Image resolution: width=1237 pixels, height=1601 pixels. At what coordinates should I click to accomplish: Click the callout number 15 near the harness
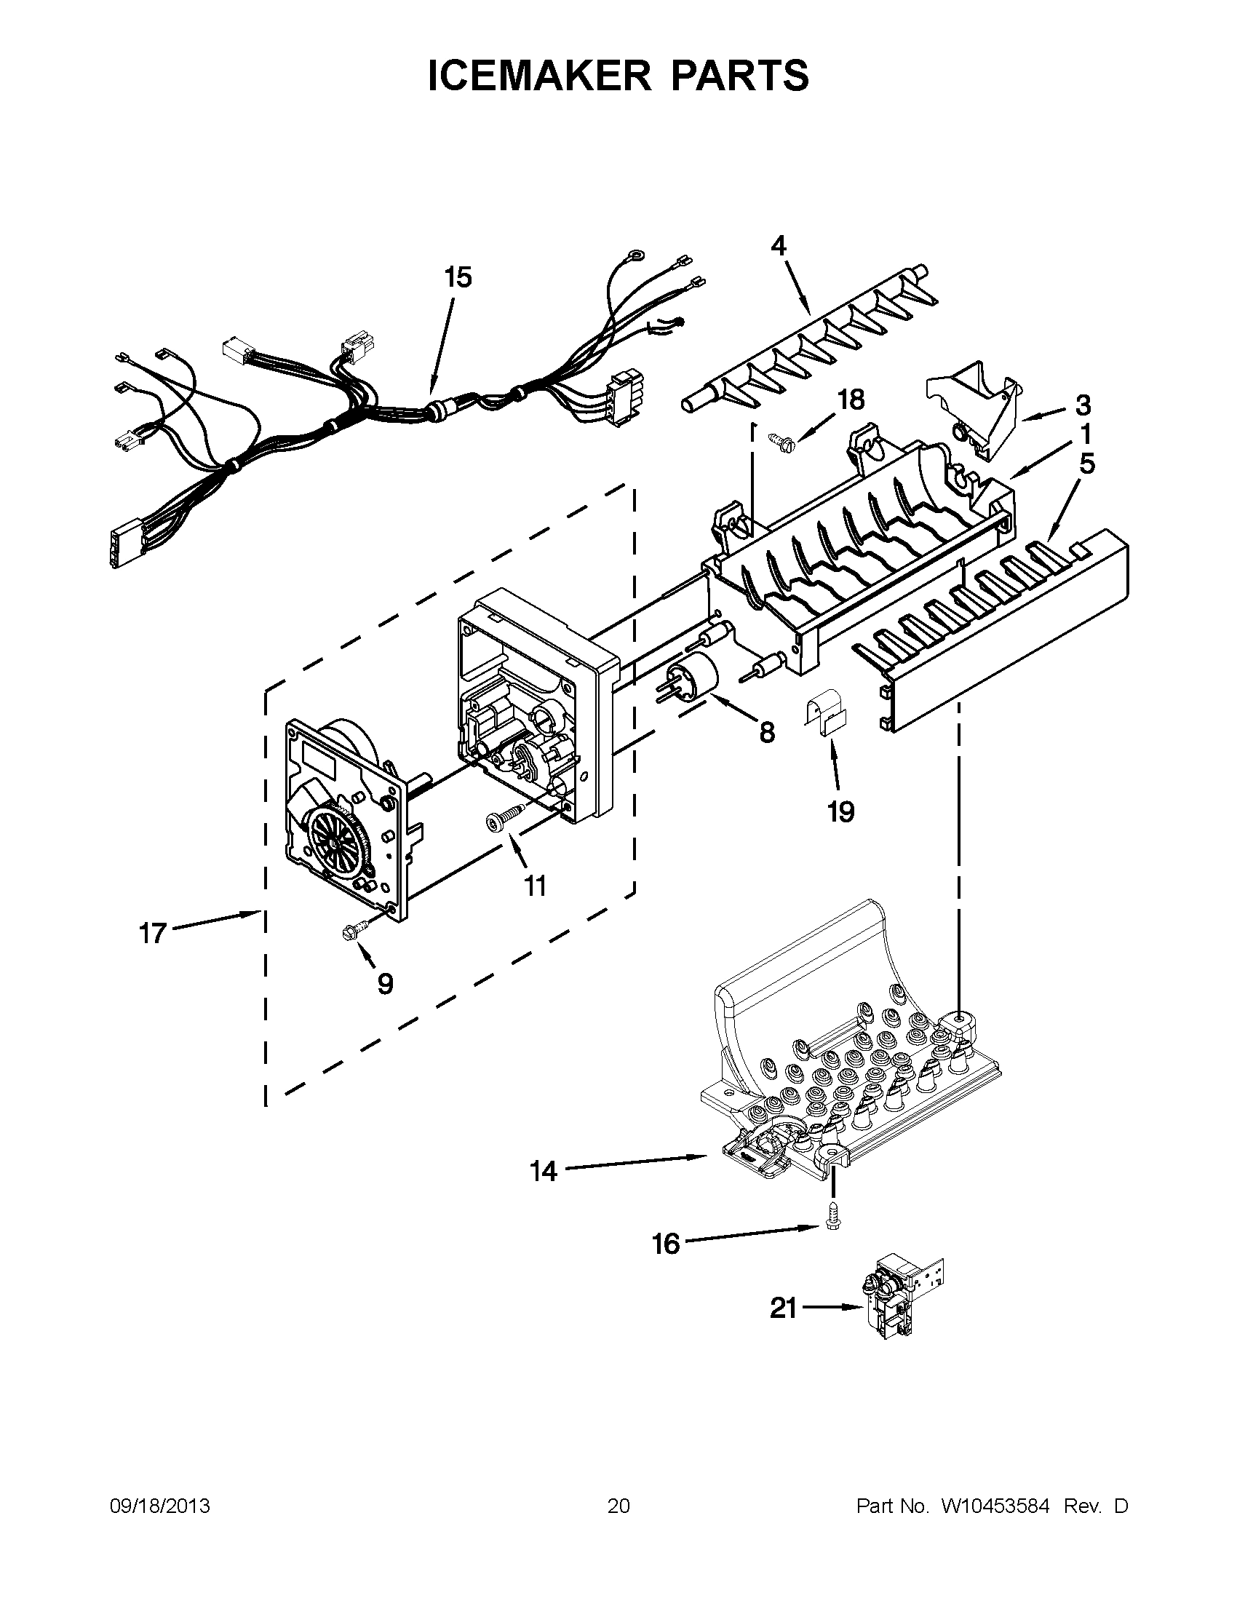coord(458,279)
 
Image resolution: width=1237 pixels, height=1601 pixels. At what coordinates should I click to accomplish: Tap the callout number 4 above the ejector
coord(779,246)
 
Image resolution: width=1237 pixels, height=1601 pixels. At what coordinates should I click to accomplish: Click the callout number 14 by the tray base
coord(544,1172)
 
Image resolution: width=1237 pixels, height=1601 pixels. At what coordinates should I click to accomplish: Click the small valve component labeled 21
coord(898,1303)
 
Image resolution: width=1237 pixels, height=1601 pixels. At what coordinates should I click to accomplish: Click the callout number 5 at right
coord(1087,464)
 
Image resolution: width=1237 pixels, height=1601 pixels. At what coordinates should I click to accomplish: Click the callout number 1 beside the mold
coord(1086,434)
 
